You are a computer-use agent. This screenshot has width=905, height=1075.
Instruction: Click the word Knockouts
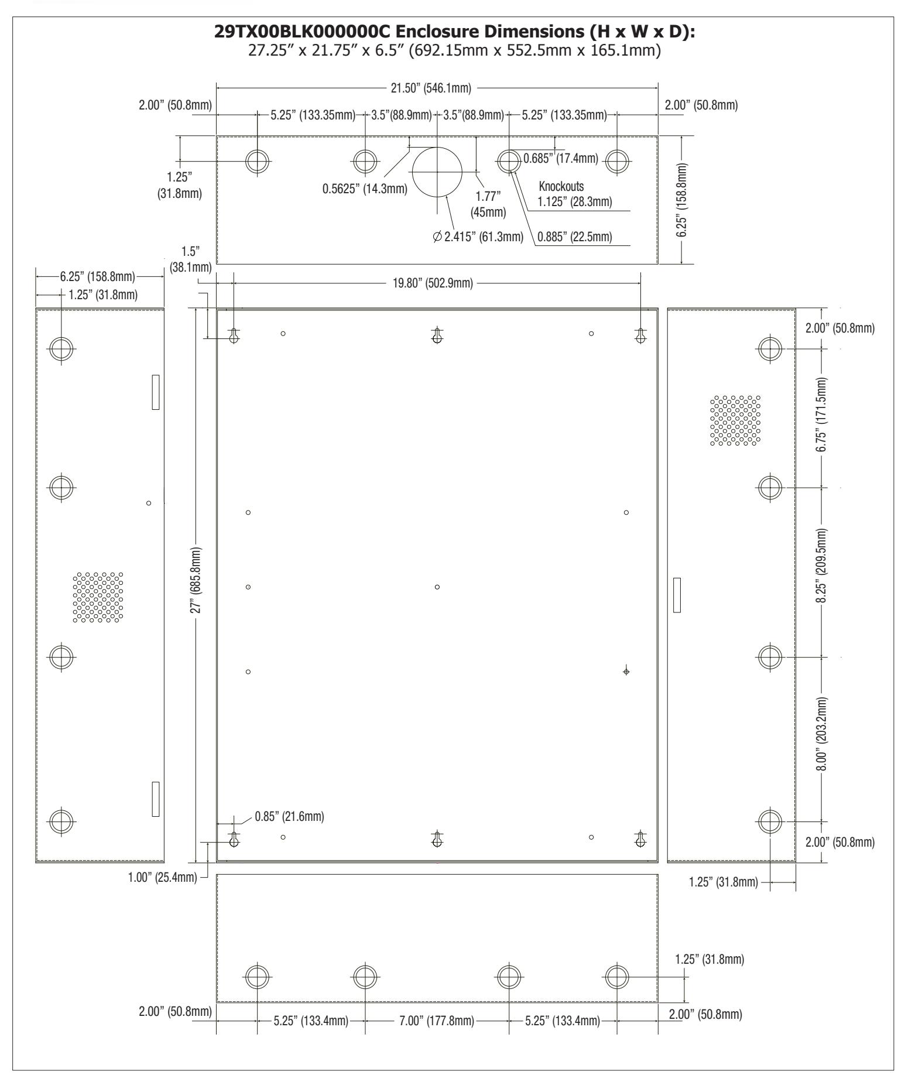tap(561, 189)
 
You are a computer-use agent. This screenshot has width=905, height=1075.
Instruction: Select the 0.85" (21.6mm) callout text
tap(289, 816)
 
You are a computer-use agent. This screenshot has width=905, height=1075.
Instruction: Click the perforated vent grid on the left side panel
tap(98, 597)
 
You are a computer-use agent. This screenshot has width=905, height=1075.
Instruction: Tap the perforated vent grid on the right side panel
tap(735, 420)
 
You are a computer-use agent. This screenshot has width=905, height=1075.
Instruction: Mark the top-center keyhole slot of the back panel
tap(437, 335)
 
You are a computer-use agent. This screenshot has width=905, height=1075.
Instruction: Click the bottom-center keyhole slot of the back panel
tap(437, 839)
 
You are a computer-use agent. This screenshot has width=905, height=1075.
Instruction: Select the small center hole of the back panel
tap(437, 587)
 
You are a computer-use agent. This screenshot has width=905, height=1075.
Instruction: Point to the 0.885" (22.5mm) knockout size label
tap(574, 237)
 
